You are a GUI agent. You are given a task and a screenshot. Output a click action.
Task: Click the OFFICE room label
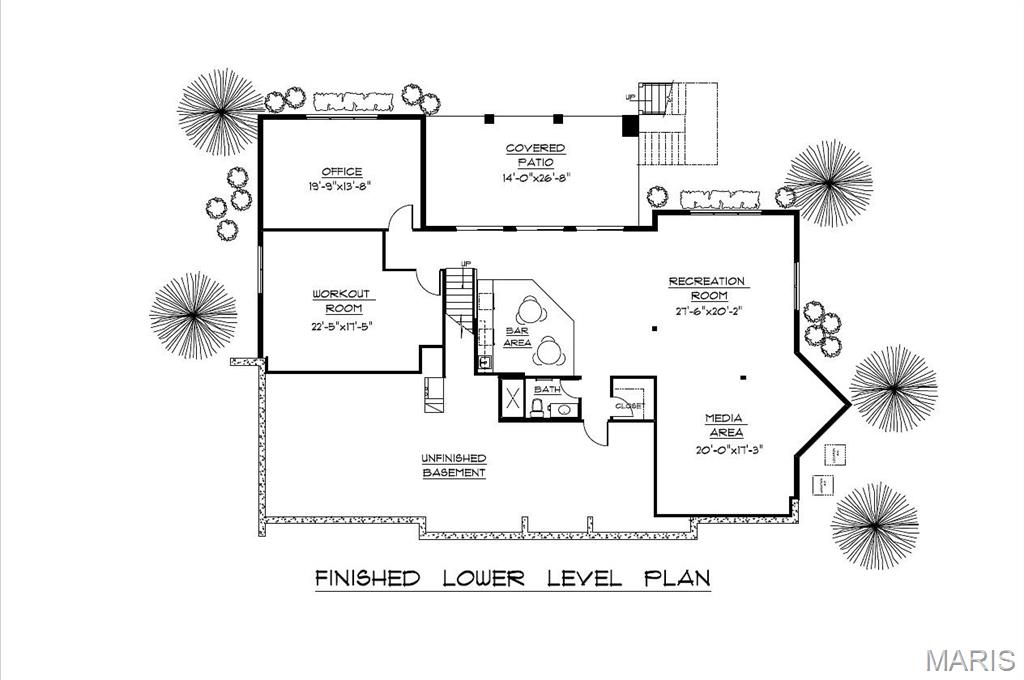pyautogui.click(x=341, y=172)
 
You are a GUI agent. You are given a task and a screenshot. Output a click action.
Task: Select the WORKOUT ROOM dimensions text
pyautogui.click(x=341, y=325)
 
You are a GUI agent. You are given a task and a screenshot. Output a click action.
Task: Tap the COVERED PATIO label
pyautogui.click(x=534, y=155)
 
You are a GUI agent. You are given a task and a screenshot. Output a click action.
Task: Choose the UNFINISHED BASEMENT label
pyautogui.click(x=454, y=465)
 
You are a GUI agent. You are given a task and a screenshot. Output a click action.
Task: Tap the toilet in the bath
pyautogui.click(x=538, y=406)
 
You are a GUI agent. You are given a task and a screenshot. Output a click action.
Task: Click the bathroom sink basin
pyautogui.click(x=563, y=408)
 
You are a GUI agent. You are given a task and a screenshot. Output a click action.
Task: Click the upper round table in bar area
pyautogui.click(x=530, y=309)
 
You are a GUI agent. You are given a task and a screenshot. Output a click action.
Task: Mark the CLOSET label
pyautogui.click(x=628, y=406)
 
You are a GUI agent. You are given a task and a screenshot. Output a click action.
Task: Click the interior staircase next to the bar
pyautogui.click(x=459, y=299)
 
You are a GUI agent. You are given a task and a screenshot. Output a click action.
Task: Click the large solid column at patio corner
pyautogui.click(x=629, y=126)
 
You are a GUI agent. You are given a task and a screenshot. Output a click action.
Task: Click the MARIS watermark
pyautogui.click(x=969, y=660)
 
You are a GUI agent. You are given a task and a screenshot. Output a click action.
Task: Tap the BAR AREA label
pyautogui.click(x=517, y=336)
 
